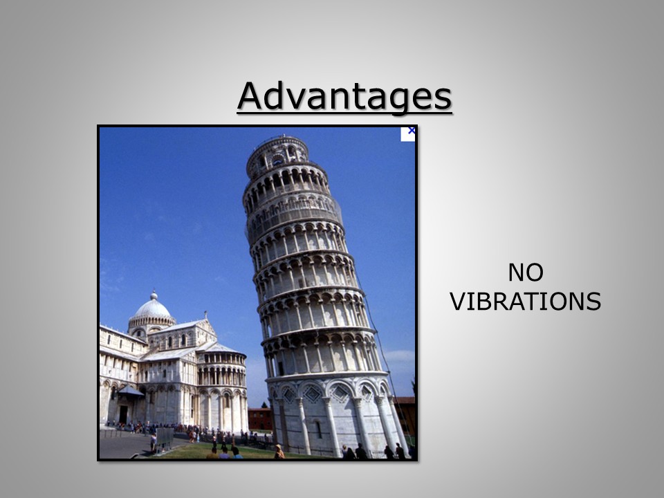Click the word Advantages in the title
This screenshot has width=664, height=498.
pyautogui.click(x=344, y=97)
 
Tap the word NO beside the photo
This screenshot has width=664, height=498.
pyautogui.click(x=526, y=273)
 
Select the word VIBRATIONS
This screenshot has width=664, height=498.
pyautogui.click(x=526, y=302)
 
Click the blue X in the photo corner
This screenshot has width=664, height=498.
pyautogui.click(x=411, y=131)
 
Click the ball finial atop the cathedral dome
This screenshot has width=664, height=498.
pyautogui.click(x=154, y=295)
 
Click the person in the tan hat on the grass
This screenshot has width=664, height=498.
pyautogui.click(x=279, y=452)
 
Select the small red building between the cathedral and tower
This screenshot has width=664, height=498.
pyautogui.click(x=260, y=419)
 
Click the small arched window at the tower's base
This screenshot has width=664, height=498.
pyautogui.click(x=318, y=430)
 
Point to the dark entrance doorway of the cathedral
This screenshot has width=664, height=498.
pyautogui.click(x=123, y=414)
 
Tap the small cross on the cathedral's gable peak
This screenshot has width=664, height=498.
pyautogui.click(x=206, y=315)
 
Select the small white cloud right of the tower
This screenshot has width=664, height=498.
pyautogui.click(x=399, y=355)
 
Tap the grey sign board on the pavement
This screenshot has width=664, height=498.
pyautogui.click(x=165, y=438)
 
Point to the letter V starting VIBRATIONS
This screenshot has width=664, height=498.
pyautogui.click(x=459, y=302)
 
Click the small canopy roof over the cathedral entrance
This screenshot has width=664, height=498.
pyautogui.click(x=130, y=390)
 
